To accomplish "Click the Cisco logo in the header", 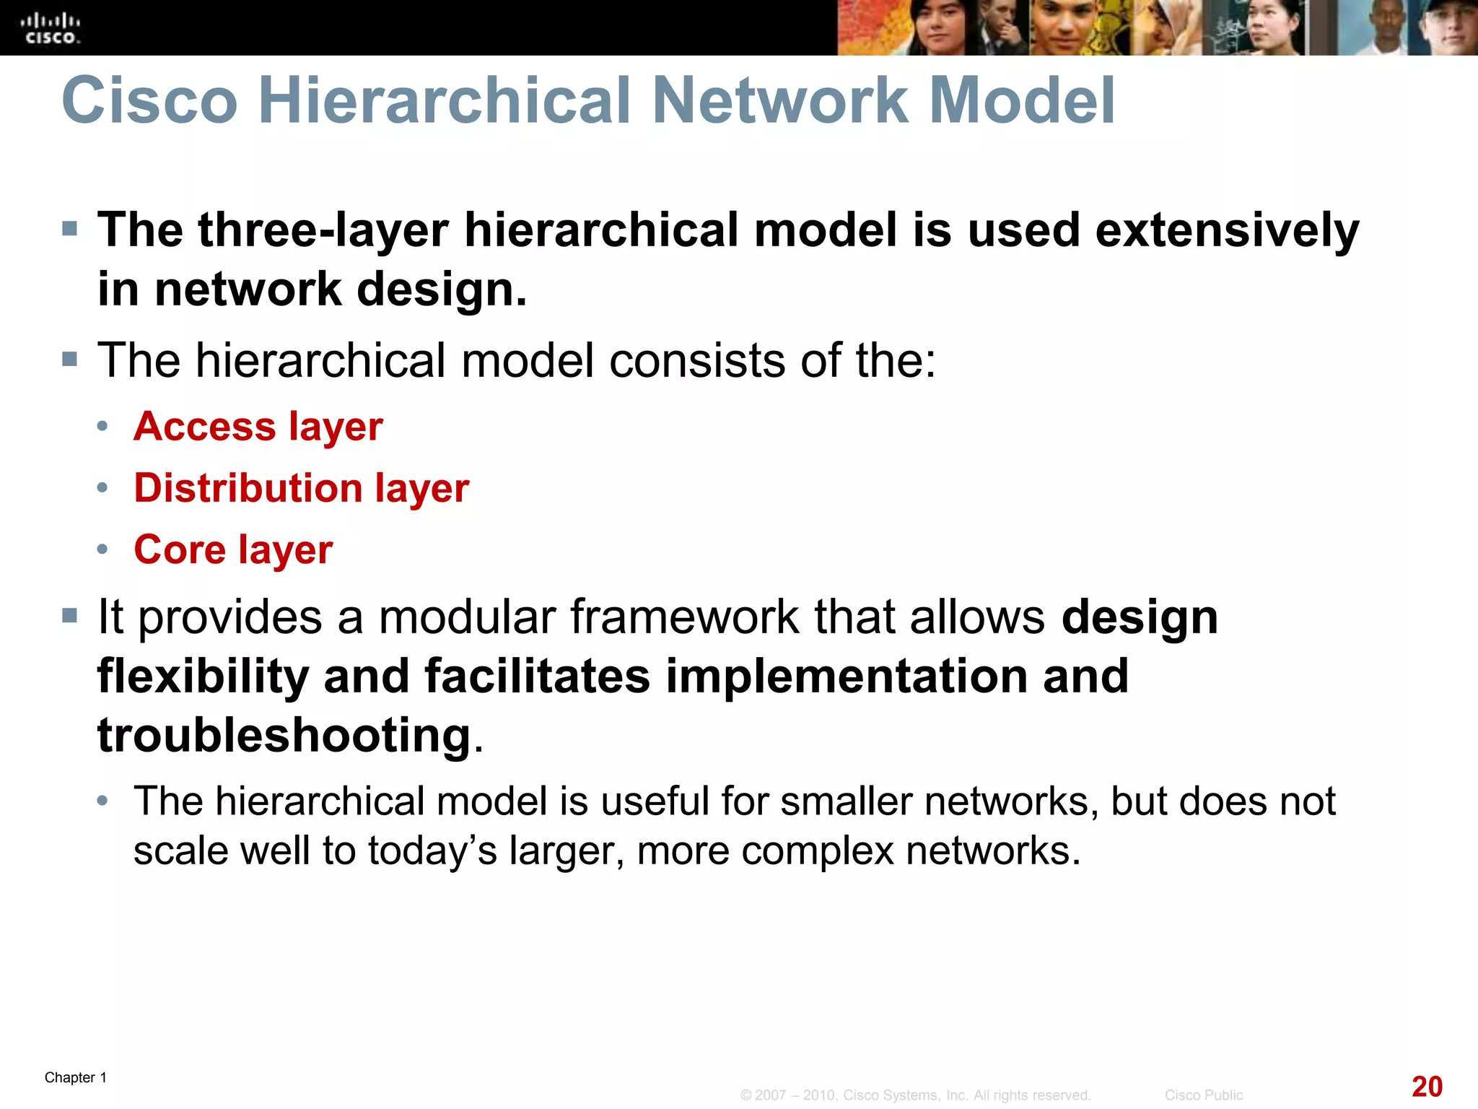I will click(x=50, y=29).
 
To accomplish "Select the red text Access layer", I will click(x=258, y=426).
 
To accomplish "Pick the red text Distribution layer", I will click(x=302, y=488).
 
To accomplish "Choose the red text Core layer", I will click(x=233, y=549).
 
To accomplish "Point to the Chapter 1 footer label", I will click(x=76, y=1077).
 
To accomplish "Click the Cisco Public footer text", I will click(x=1203, y=1095).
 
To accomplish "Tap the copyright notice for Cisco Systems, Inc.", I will click(x=915, y=1095).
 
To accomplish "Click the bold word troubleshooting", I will click(x=284, y=736).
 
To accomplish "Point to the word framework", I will click(x=683, y=617).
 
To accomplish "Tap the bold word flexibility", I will click(x=203, y=677).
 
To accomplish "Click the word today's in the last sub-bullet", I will click(x=432, y=850).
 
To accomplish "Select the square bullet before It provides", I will click(x=70, y=616).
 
